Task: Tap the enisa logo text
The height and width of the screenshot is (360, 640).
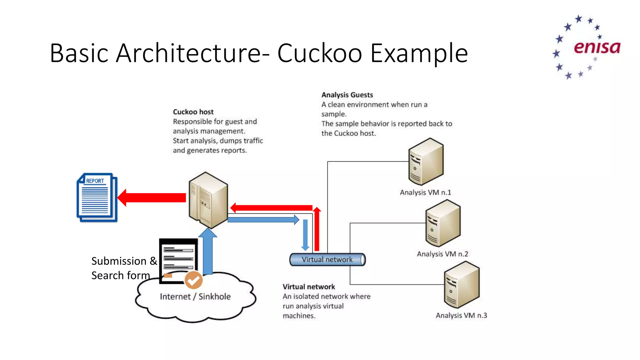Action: pyautogui.click(x=597, y=47)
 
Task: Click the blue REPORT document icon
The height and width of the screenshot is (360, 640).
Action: pyautogui.click(x=97, y=197)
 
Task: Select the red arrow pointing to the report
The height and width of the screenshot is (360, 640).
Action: pyautogui.click(x=152, y=197)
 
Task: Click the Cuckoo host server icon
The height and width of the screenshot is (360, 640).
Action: pyautogui.click(x=208, y=200)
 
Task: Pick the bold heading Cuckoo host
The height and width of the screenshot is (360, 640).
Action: pyautogui.click(x=193, y=112)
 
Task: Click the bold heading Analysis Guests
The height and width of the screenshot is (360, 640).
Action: pyautogui.click(x=347, y=95)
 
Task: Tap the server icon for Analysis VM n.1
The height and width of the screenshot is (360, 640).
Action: pyautogui.click(x=426, y=162)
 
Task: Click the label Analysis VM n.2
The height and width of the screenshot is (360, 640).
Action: pyautogui.click(x=442, y=254)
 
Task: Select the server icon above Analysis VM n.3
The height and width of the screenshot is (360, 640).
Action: pyautogui.click(x=462, y=285)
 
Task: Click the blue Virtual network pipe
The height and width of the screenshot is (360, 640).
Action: pyautogui.click(x=327, y=259)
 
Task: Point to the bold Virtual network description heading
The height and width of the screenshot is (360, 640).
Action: pyautogui.click(x=308, y=287)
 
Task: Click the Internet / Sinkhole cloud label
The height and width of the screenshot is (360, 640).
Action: pyautogui.click(x=195, y=296)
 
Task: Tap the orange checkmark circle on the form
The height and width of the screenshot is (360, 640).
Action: pyautogui.click(x=193, y=280)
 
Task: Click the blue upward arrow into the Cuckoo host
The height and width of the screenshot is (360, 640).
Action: pyautogui.click(x=208, y=252)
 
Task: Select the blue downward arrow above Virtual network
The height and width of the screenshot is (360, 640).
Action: pyautogui.click(x=305, y=234)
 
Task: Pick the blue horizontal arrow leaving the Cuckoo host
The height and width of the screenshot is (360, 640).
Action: pyautogui.click(x=262, y=220)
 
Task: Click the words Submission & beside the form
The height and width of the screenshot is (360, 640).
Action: pyautogui.click(x=124, y=261)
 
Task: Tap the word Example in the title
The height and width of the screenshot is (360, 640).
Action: pyautogui.click(x=419, y=53)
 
